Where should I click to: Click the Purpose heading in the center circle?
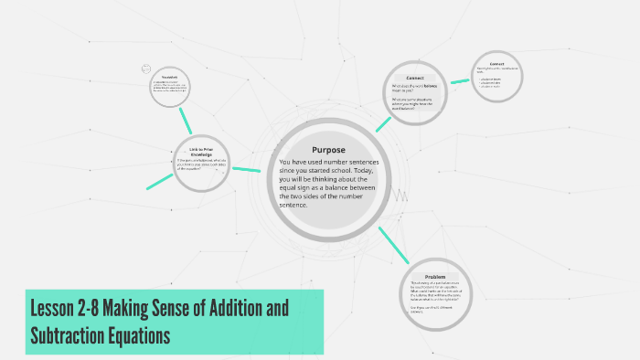pyautogui.click(x=327, y=150)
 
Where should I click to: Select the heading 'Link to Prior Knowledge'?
pyautogui.click(x=201, y=151)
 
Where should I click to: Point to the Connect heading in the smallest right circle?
pyautogui.click(x=496, y=64)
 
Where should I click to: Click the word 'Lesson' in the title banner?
pyautogui.click(x=57, y=308)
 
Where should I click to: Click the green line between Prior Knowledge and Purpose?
pyautogui.click(x=246, y=168)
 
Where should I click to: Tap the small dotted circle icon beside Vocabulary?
pyautogui.click(x=145, y=69)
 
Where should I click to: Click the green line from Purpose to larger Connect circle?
pyautogui.click(x=383, y=122)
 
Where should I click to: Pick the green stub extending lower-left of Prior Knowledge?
pyautogui.click(x=161, y=182)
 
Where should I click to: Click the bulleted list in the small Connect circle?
pyautogui.click(x=490, y=82)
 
